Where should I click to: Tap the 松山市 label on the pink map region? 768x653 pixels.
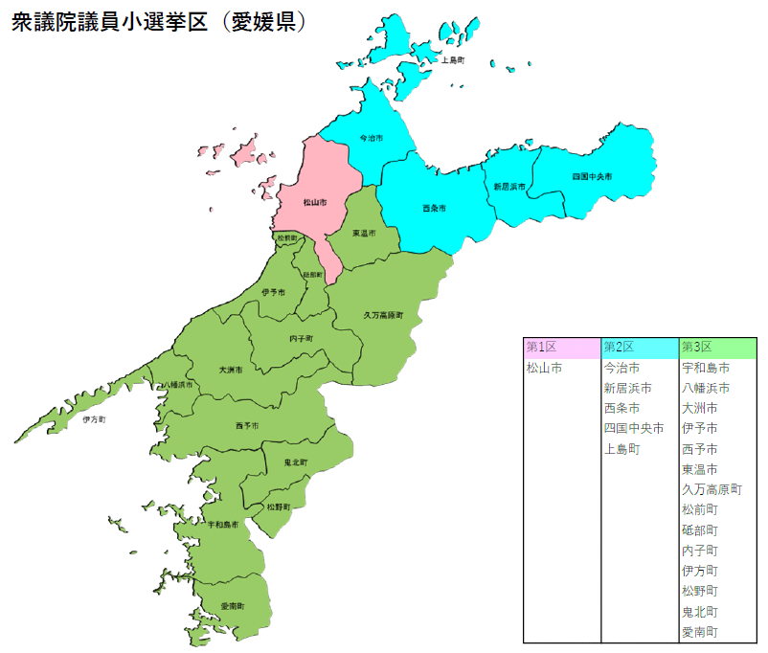click(x=314, y=202)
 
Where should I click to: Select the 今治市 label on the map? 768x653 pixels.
click(x=371, y=139)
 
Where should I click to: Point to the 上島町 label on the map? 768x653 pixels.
click(x=452, y=60)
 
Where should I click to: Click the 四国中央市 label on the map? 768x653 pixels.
click(x=592, y=177)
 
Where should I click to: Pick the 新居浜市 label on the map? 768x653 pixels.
click(x=509, y=187)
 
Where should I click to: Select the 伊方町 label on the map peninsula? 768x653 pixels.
click(x=94, y=419)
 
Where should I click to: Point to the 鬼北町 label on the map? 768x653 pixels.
click(x=296, y=462)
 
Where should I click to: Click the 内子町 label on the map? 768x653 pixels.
click(x=301, y=338)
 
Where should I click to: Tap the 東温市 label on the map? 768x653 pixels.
click(x=363, y=233)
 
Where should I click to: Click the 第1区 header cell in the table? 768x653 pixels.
click(x=542, y=347)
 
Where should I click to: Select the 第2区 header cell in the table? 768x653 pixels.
click(x=620, y=347)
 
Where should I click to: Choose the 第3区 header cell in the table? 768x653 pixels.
click(x=697, y=347)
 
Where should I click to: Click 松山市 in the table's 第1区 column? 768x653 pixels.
click(x=544, y=368)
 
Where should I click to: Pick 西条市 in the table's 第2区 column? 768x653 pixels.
click(x=621, y=408)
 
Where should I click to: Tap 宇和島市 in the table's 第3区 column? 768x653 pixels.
click(x=705, y=368)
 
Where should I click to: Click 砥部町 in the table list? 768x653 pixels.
click(x=699, y=529)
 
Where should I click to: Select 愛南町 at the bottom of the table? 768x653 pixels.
click(x=699, y=632)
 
